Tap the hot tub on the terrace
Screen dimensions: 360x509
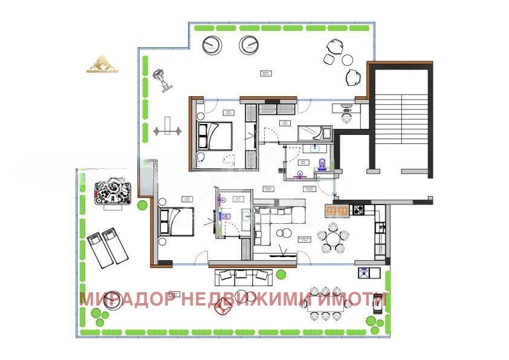click(x=112, y=192)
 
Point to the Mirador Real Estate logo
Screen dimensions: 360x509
click(x=103, y=64)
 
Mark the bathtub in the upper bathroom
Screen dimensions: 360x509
click(x=313, y=133)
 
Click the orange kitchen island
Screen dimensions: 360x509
click(x=337, y=210)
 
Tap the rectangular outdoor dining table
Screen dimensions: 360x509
click(x=329, y=304)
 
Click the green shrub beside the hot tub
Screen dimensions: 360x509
click(x=142, y=204)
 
